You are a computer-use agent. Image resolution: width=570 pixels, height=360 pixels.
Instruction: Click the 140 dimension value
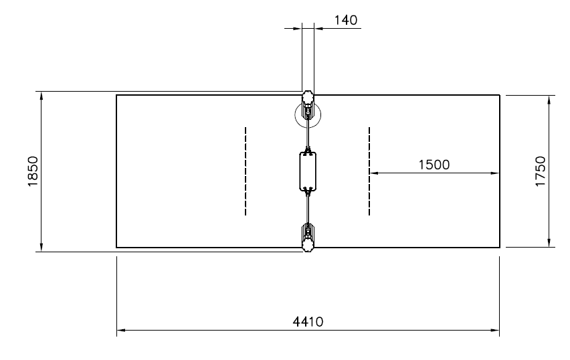tap(346, 20)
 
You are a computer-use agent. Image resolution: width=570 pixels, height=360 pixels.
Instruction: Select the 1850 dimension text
tap(33, 171)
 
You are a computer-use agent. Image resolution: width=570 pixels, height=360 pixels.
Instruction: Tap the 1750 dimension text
tap(541, 171)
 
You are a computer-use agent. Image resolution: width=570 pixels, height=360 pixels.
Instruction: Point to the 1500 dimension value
tap(434, 165)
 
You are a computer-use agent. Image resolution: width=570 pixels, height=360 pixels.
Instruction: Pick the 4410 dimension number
tap(308, 322)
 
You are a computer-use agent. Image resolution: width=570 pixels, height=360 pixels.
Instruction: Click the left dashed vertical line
tap(246, 171)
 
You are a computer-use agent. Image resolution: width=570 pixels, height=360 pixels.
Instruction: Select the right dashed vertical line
tap(369, 171)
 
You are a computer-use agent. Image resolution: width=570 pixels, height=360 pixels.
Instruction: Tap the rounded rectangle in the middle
tap(308, 171)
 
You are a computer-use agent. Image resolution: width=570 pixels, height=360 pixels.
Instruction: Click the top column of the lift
tap(308, 105)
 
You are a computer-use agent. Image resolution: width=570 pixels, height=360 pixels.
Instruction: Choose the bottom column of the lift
tap(308, 238)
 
